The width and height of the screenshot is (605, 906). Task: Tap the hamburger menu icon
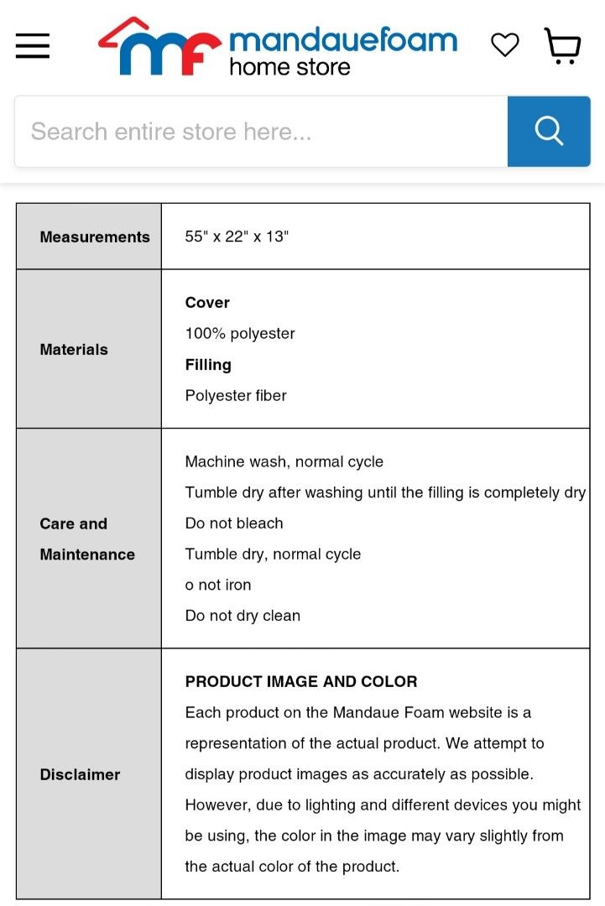tap(33, 45)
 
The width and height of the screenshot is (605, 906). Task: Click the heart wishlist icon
tap(504, 44)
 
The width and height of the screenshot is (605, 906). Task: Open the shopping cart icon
tap(562, 45)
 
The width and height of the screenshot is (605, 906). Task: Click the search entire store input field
tap(261, 132)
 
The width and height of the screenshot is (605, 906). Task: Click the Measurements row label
tap(95, 237)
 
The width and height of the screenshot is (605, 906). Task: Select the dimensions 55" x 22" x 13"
tap(237, 237)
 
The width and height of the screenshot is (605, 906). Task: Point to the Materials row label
tap(74, 350)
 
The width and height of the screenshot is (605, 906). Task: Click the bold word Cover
tap(207, 303)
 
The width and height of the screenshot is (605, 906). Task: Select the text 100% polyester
tap(240, 334)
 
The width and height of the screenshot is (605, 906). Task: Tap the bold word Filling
tap(208, 365)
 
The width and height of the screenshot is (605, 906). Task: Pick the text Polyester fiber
tap(236, 396)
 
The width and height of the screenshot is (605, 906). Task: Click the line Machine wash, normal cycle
tap(284, 462)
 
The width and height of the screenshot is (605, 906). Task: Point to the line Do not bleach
tap(234, 523)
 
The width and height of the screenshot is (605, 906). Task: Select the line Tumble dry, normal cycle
tap(273, 555)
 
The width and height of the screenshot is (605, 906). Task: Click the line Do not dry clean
tap(243, 616)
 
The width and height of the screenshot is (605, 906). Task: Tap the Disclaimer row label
tap(80, 775)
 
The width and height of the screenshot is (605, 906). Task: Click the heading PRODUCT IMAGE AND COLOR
tap(301, 682)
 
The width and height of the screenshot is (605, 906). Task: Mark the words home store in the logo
tap(289, 67)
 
